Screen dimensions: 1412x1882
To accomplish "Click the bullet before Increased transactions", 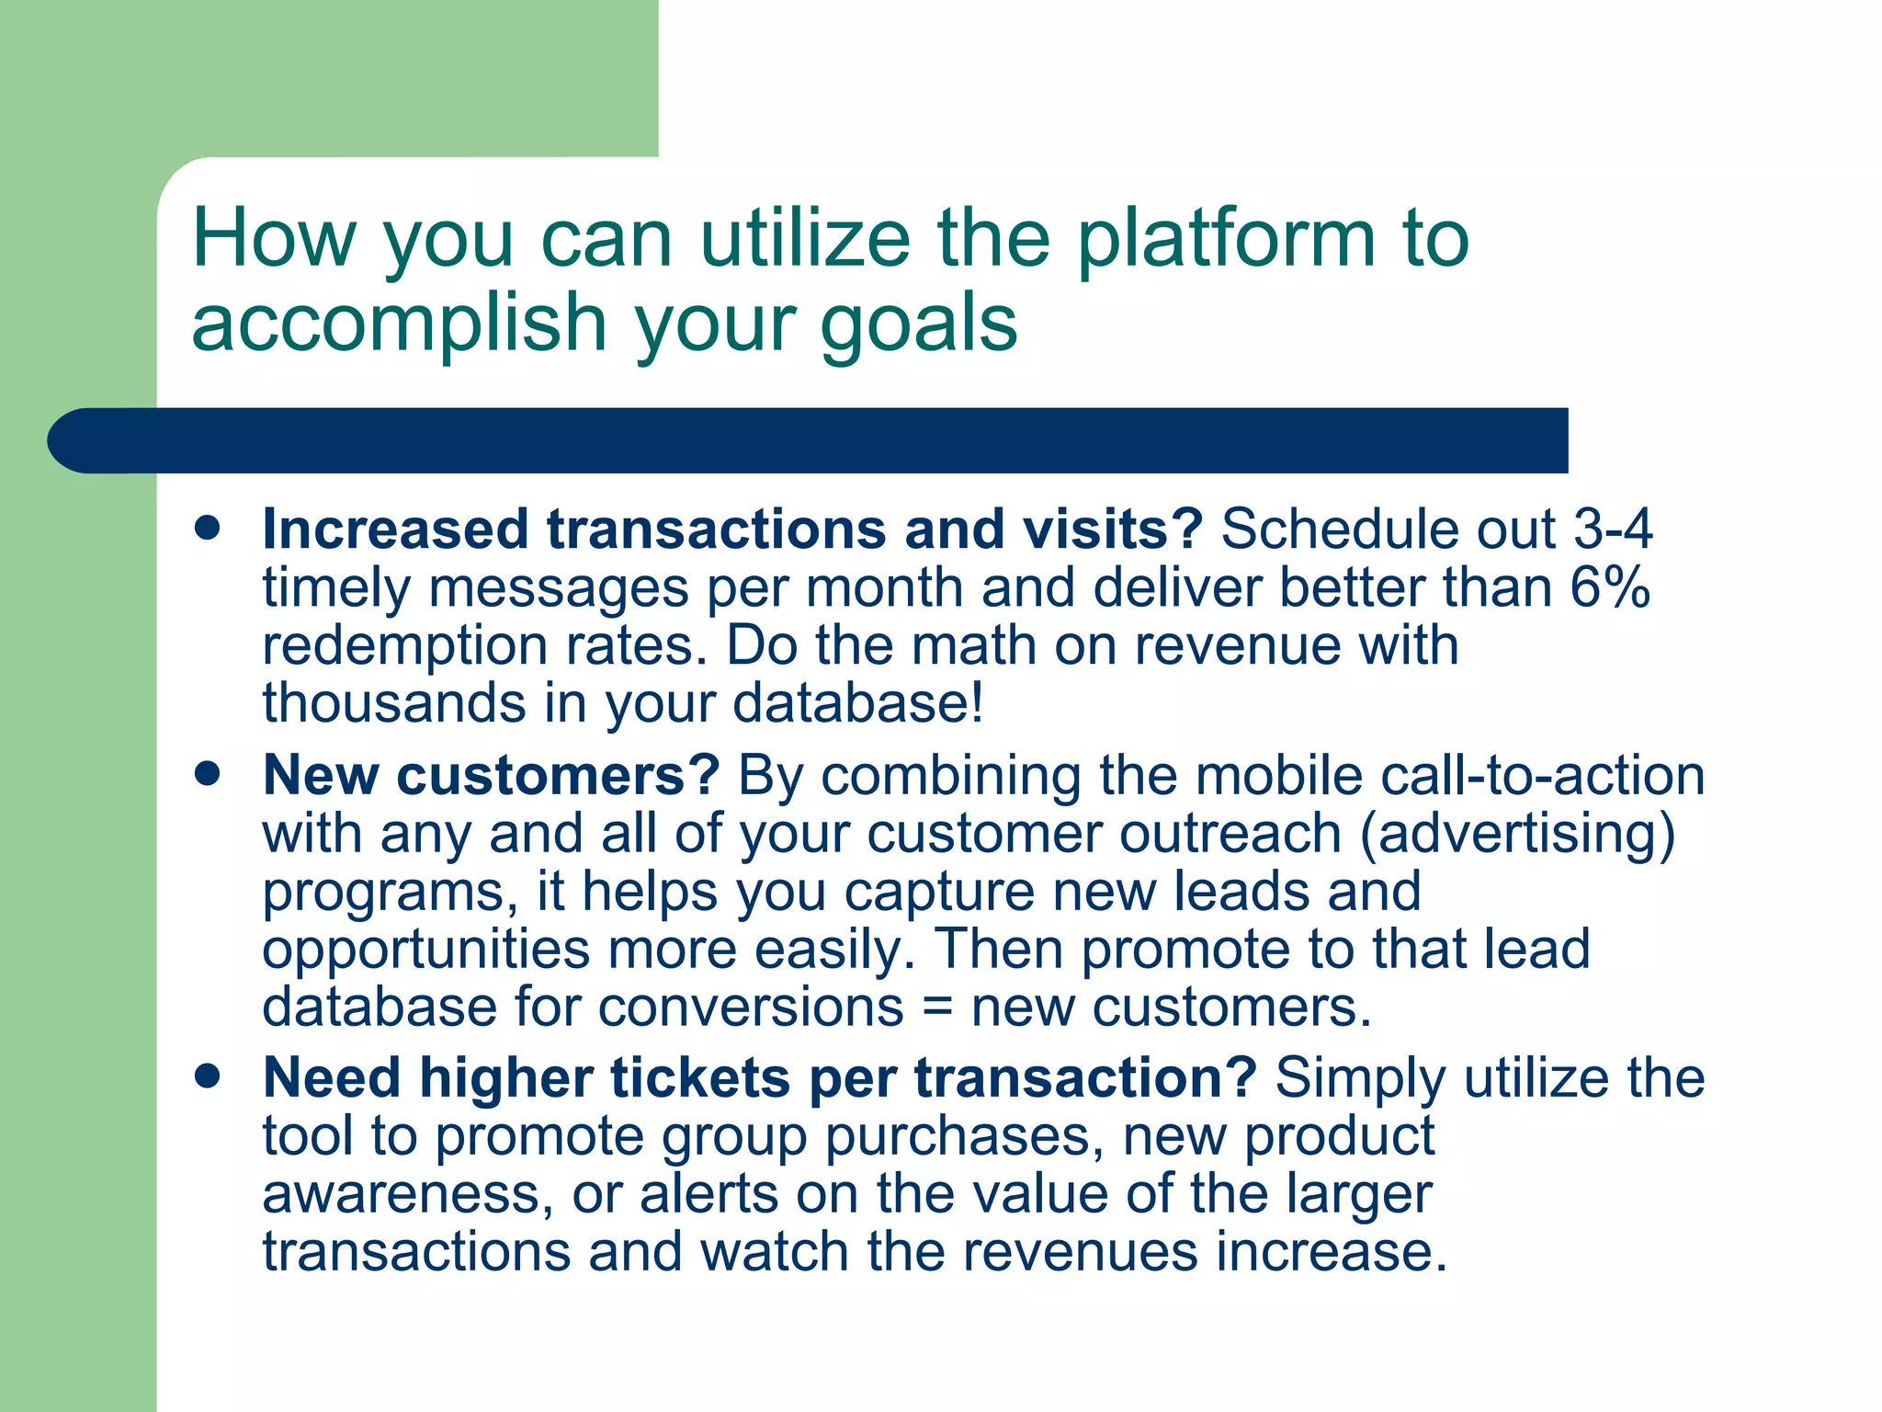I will (209, 529).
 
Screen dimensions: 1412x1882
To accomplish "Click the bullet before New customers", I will (209, 774).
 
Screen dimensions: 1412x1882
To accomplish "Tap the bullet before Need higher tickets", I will (209, 1076).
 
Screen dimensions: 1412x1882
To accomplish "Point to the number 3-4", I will (1613, 529).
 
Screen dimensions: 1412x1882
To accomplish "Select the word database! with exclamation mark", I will (858, 703).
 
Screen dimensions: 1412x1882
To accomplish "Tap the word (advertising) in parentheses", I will (1517, 835).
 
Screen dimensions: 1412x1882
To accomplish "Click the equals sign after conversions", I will (936, 1008).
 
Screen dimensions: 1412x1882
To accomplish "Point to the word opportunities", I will (425, 951).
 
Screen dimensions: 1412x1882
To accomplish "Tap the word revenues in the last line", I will (1080, 1252).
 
